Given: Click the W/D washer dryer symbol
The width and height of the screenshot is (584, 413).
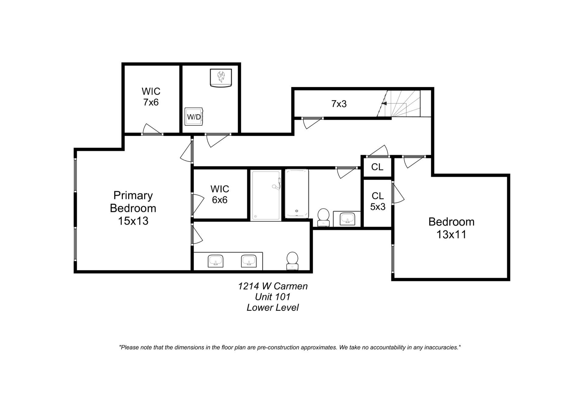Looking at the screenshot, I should click(x=194, y=116).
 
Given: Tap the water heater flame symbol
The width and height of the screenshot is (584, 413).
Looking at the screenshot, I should click(x=221, y=77).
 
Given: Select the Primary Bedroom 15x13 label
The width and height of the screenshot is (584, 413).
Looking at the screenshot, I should click(x=133, y=208).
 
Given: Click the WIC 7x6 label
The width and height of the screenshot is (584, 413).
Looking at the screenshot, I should click(x=151, y=97).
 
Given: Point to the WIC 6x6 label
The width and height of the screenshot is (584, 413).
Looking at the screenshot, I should click(x=220, y=194).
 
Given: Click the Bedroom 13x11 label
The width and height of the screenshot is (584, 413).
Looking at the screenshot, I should click(x=451, y=228).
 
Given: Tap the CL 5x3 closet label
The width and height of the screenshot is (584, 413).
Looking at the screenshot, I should click(x=377, y=201).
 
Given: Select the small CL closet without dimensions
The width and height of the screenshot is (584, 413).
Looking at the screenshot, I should click(x=377, y=167).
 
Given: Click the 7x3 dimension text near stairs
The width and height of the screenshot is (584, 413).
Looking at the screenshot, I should click(x=339, y=104).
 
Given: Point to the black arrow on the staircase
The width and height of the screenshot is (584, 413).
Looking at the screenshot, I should click(x=384, y=103).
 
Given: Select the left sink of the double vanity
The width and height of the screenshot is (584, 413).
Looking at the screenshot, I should click(x=216, y=261).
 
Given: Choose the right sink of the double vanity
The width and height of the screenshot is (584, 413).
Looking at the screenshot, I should click(x=249, y=261).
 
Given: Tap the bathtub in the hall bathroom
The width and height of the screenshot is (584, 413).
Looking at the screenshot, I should click(x=297, y=194).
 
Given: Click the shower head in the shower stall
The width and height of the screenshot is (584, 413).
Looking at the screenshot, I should click(x=275, y=186).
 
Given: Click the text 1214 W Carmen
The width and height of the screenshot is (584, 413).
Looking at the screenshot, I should click(x=273, y=286).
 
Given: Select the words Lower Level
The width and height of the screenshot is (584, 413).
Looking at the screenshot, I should click(x=273, y=307).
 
